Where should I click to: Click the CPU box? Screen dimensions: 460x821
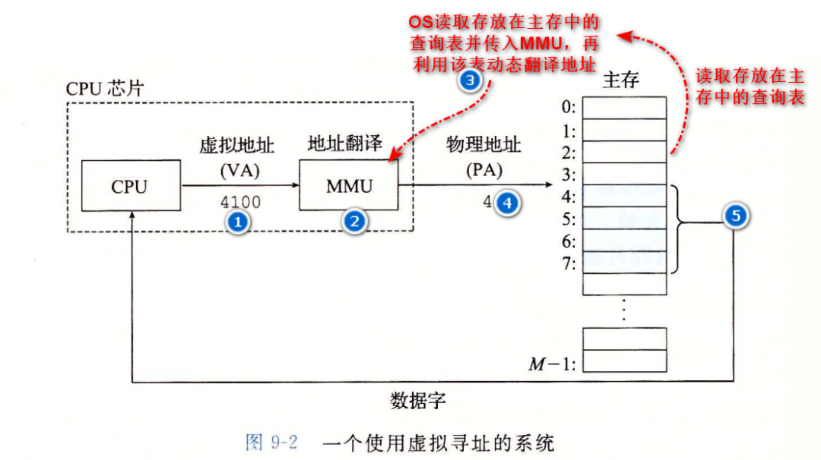(x=130, y=186)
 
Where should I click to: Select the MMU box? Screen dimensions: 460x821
(x=347, y=185)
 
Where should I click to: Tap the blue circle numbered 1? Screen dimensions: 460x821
(x=239, y=222)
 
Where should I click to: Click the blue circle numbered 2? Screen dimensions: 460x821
(x=353, y=222)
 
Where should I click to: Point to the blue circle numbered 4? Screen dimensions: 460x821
(x=507, y=203)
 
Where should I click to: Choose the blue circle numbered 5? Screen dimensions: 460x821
(x=735, y=217)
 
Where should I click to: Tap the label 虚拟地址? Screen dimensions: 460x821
(x=237, y=146)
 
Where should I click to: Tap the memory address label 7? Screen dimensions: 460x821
(x=566, y=263)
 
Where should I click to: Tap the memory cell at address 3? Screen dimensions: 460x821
(x=624, y=174)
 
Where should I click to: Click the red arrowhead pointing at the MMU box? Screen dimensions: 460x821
(x=393, y=157)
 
